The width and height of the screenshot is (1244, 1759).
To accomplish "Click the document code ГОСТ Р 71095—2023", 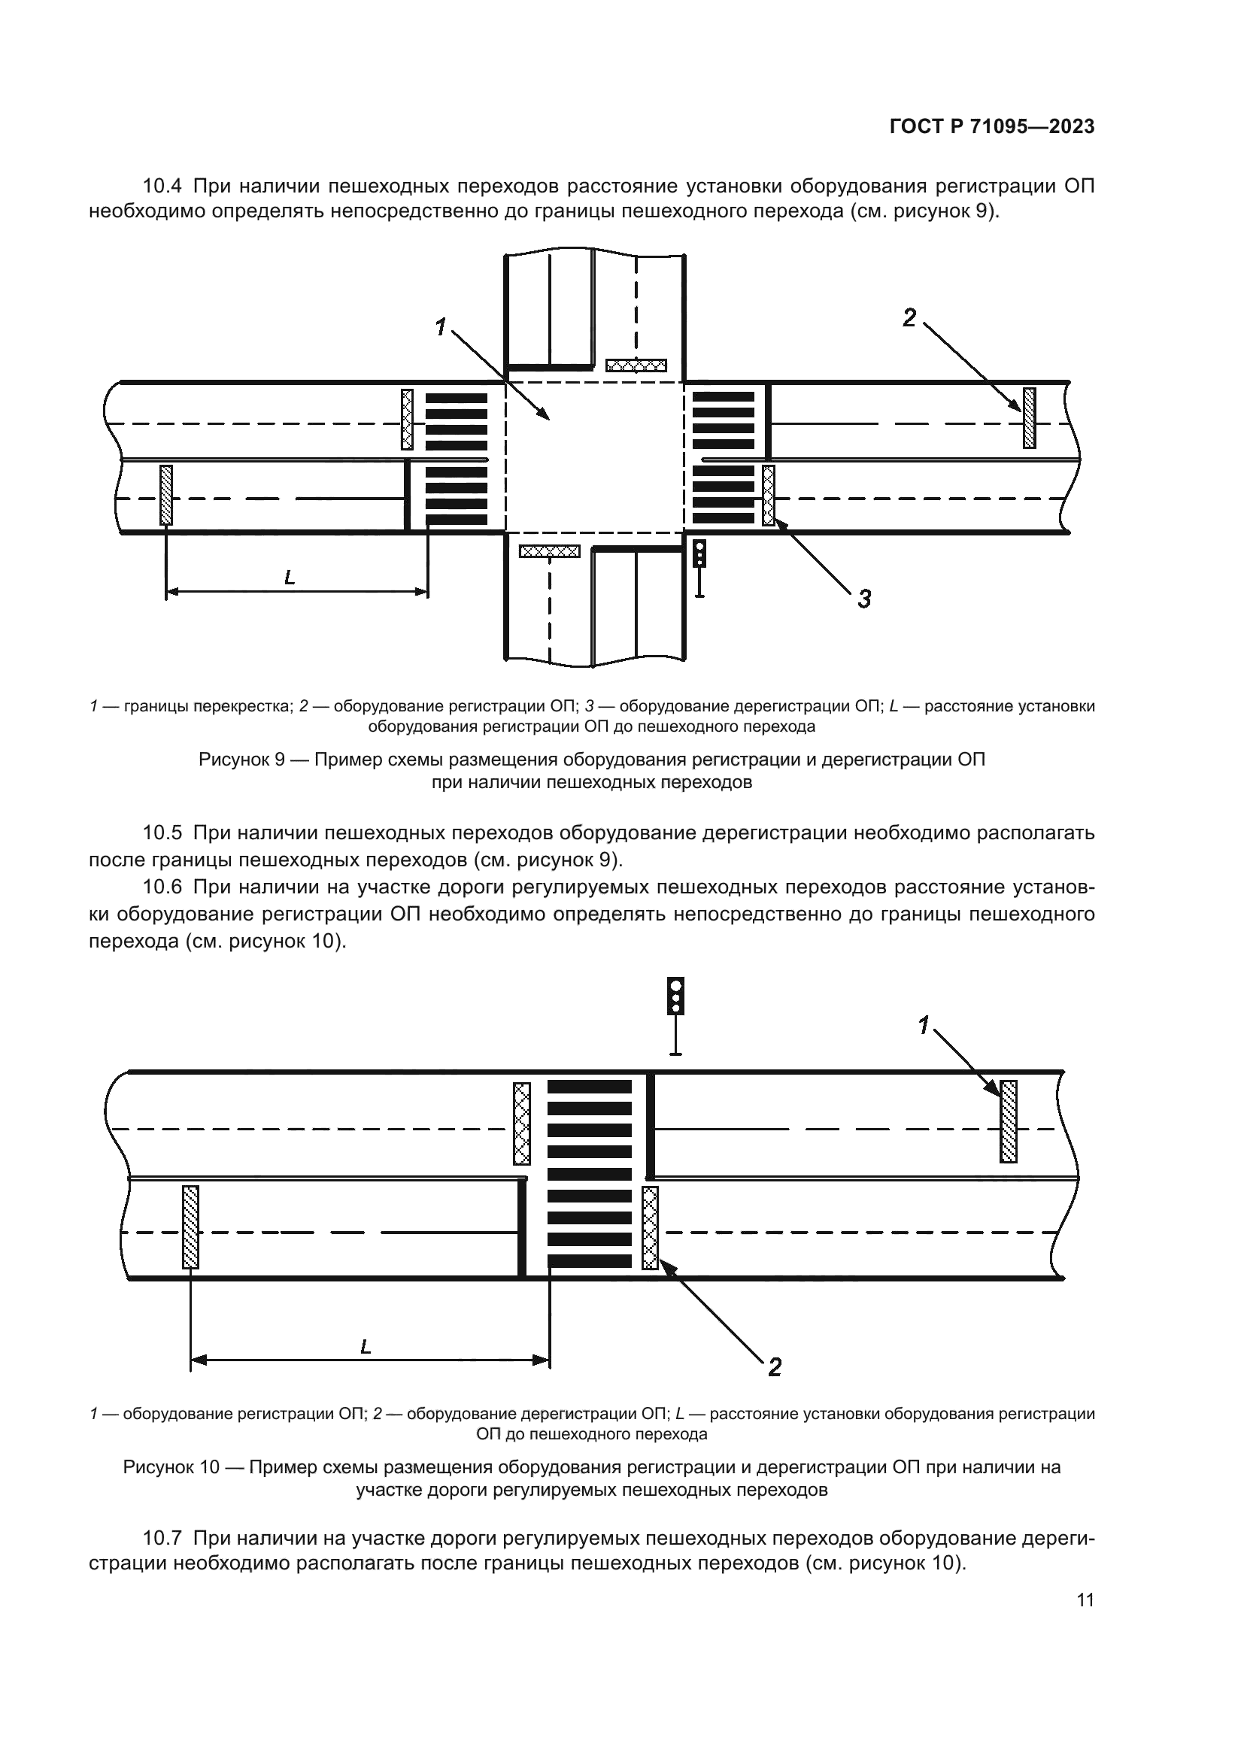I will click(x=991, y=127).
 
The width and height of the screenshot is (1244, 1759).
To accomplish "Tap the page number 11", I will click(x=1085, y=1600).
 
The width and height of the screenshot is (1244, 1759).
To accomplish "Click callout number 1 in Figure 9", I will click(x=441, y=328).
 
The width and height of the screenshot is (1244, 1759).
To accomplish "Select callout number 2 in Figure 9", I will click(x=909, y=317).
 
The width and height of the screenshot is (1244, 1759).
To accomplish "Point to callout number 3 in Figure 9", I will click(x=864, y=599).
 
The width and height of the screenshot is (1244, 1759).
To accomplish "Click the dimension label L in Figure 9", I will click(x=290, y=578).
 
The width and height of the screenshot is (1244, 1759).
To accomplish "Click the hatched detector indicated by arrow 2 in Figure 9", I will click(x=1029, y=417).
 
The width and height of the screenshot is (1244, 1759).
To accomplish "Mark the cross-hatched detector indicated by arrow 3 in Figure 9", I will click(x=769, y=495).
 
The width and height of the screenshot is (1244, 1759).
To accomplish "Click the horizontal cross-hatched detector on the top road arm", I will click(x=636, y=365).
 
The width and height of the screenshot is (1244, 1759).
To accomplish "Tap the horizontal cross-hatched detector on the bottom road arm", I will click(x=549, y=550).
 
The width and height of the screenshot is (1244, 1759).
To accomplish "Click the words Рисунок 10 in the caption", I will click(x=171, y=1467).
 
